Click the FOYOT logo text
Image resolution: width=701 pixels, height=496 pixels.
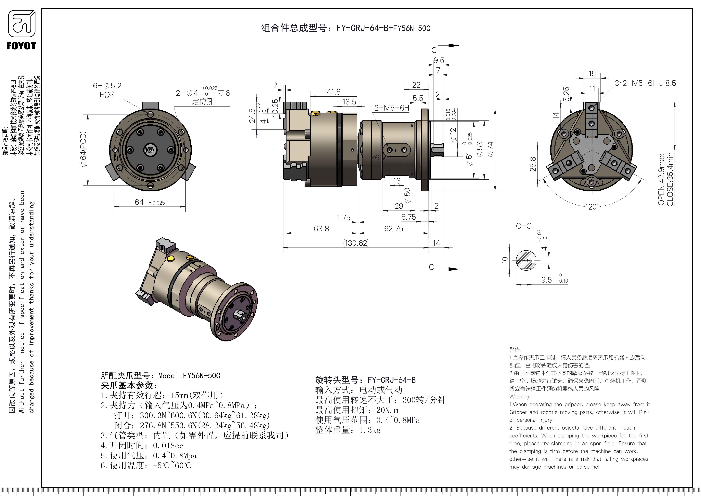[x=21, y=46]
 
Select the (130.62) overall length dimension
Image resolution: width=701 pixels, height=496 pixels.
[x=356, y=243]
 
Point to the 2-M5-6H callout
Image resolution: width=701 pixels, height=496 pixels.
[x=392, y=108]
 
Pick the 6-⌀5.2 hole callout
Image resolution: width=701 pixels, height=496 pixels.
[x=107, y=86]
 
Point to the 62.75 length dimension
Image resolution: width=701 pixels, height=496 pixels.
[x=394, y=229]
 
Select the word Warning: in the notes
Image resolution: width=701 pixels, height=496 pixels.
[x=520, y=397]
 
